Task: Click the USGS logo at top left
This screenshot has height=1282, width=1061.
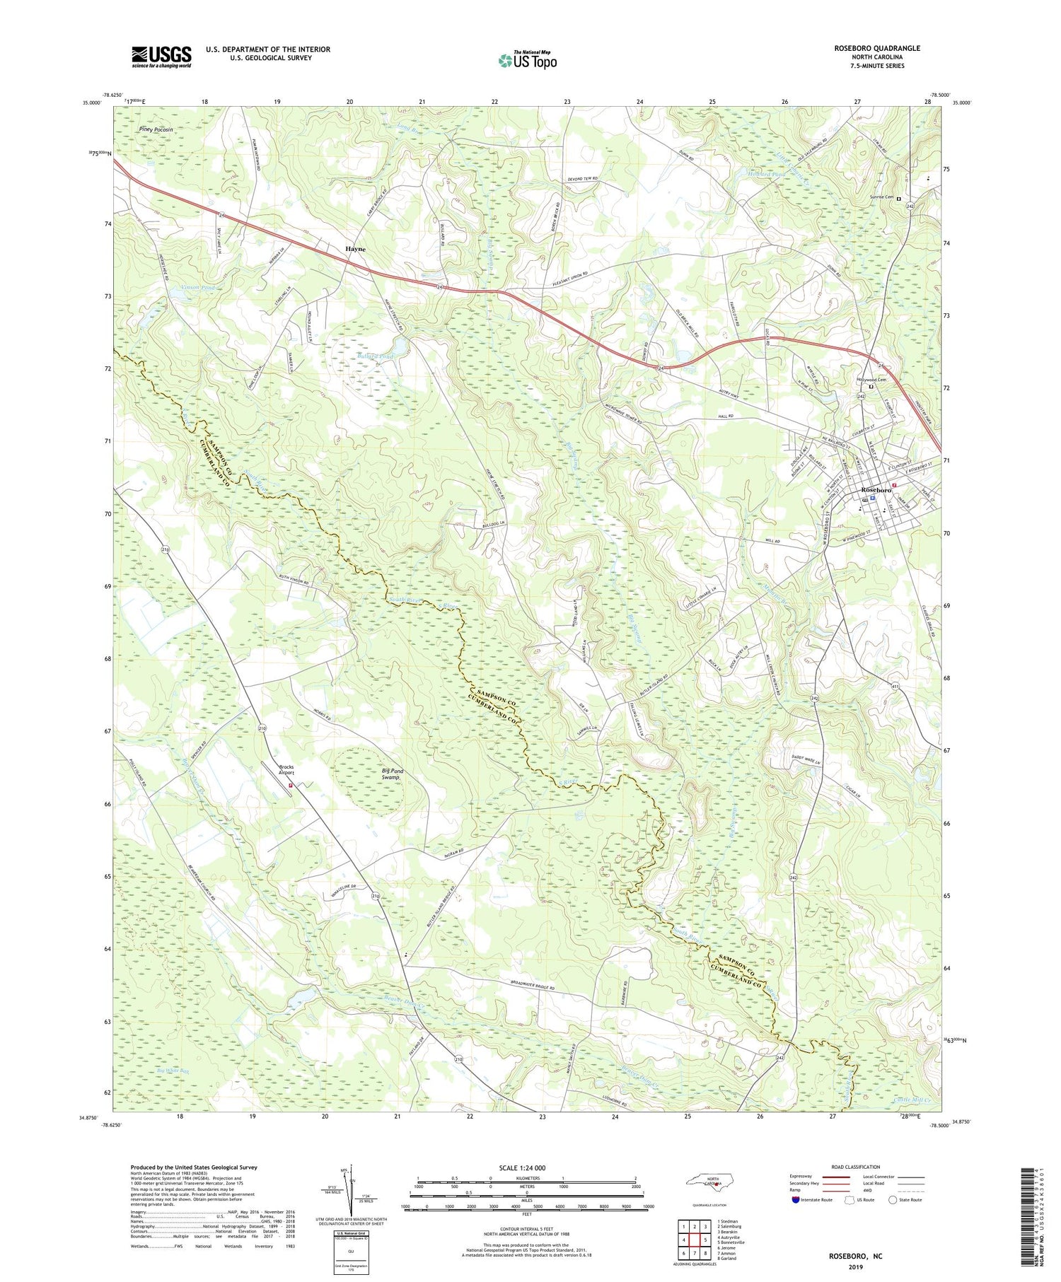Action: [x=161, y=57]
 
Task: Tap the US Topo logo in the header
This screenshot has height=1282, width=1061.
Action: [x=527, y=60]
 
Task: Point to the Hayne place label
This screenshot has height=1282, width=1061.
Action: [x=356, y=249]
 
